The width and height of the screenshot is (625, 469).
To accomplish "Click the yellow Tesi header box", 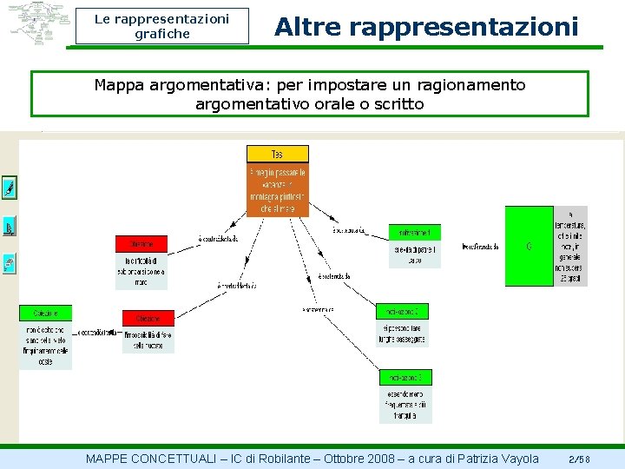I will pyautogui.click(x=277, y=154).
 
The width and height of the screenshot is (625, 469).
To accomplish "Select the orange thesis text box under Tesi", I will pyautogui.click(x=277, y=190).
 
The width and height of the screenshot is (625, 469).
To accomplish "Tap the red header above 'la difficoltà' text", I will pyautogui.click(x=141, y=244).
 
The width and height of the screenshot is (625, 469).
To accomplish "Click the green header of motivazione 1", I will pyautogui.click(x=414, y=233).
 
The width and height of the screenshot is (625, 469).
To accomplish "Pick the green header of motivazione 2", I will pyautogui.click(x=402, y=311).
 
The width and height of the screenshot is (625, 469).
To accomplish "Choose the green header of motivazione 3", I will pyautogui.click(x=405, y=377).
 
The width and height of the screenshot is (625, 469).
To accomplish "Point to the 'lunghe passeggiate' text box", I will pyautogui.click(x=402, y=334).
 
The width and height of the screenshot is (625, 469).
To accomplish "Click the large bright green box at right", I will pyautogui.click(x=529, y=246).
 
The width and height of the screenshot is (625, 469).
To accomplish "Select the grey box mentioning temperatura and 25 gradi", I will pyautogui.click(x=570, y=246).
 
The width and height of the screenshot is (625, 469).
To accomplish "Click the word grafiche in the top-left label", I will pyautogui.click(x=162, y=34).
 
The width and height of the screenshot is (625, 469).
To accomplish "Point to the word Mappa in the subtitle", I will pyautogui.click(x=119, y=85).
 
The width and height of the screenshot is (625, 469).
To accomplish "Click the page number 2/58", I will pyautogui.click(x=579, y=459).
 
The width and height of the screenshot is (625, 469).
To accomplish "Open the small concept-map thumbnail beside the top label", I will pyautogui.click(x=38, y=23).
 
